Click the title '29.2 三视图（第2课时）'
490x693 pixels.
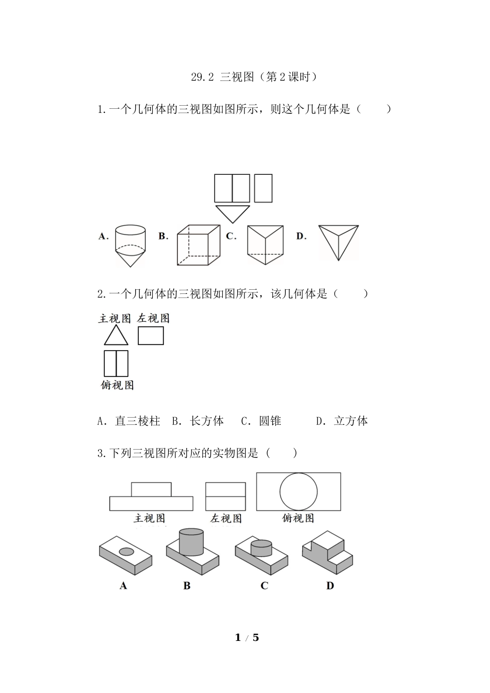[x=253, y=77]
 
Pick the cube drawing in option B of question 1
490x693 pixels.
[x=199, y=245]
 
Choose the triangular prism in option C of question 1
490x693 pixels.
[x=265, y=241]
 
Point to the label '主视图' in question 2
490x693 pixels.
[x=115, y=319]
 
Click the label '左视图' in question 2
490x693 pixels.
[x=153, y=319]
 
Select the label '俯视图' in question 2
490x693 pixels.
[x=117, y=385]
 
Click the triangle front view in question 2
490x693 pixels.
[x=116, y=336]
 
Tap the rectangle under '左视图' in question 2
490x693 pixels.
[x=151, y=336]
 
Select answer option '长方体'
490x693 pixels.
[x=206, y=421]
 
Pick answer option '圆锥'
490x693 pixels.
[x=270, y=421]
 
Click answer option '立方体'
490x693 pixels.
[x=351, y=421]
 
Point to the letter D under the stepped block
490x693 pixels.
[x=330, y=586]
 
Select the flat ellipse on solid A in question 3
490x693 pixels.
[x=126, y=552]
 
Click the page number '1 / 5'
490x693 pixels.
[x=247, y=638]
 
